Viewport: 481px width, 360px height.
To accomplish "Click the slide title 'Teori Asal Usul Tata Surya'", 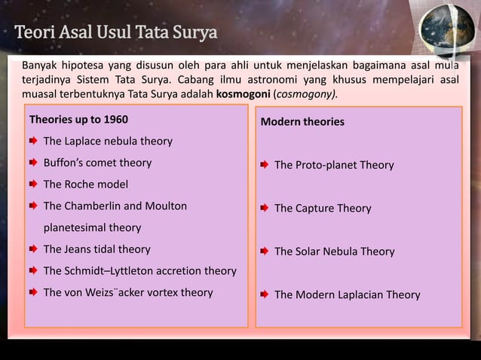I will point(115,34).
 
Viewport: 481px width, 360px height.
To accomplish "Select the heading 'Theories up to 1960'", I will point(78,120).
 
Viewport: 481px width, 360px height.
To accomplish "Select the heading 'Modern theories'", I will point(302,121).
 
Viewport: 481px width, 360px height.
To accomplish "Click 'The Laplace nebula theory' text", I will point(108,141).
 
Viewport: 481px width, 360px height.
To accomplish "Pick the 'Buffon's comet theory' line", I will point(97,163).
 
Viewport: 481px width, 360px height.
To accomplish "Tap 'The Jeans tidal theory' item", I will point(97,249).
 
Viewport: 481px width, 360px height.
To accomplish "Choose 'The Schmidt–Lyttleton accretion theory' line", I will point(139,270).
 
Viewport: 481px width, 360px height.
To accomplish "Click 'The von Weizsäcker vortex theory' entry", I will point(128,292).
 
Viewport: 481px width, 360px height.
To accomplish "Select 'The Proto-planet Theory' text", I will point(333,165).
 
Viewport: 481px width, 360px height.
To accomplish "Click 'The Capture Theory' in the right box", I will point(323,208).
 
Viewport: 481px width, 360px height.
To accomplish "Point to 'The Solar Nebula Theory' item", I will point(334,252).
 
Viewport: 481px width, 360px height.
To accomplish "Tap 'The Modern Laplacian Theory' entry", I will point(347,294).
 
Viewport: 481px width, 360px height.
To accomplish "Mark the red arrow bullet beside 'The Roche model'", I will point(33,184).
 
